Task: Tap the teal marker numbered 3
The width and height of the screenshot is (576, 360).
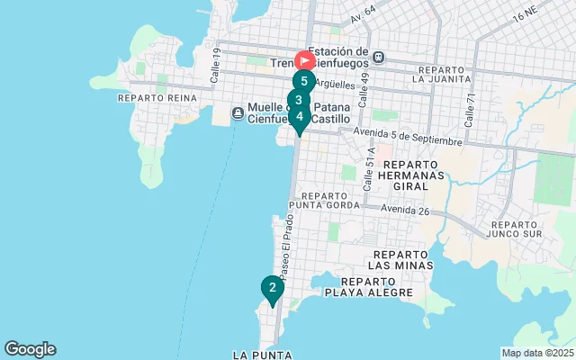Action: tap(298, 100)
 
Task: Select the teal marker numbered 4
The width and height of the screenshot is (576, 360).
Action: tap(300, 116)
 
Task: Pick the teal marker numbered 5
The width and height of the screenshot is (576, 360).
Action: tap(304, 81)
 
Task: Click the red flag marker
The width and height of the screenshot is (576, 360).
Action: tap(305, 61)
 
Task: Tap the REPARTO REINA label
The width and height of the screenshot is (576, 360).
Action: tap(149, 97)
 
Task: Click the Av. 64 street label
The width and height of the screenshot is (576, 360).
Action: tap(364, 14)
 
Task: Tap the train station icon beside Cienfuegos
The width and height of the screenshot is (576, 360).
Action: tap(379, 57)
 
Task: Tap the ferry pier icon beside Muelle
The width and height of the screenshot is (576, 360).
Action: tap(238, 112)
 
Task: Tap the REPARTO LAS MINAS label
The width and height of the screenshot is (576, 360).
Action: tap(402, 260)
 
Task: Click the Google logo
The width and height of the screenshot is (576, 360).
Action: tap(30, 349)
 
